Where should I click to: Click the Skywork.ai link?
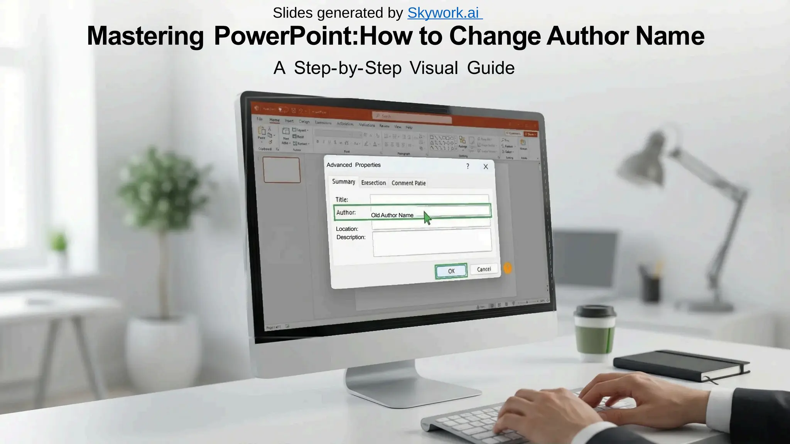[x=444, y=13]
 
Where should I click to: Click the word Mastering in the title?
[x=145, y=36]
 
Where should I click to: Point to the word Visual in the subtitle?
[x=434, y=68]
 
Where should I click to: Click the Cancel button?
[x=484, y=269]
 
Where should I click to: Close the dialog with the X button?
[x=486, y=166]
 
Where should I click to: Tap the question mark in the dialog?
[x=468, y=166]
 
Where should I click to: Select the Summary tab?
[x=343, y=182]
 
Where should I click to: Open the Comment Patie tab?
[x=409, y=183]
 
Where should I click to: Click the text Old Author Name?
[x=392, y=215]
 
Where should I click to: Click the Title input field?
[x=429, y=199]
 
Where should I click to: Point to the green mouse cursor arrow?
[x=427, y=218]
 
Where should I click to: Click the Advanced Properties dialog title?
[x=353, y=165]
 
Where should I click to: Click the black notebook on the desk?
[x=681, y=365]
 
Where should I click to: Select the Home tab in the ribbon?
[x=274, y=120]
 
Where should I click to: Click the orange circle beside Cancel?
[x=508, y=268]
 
